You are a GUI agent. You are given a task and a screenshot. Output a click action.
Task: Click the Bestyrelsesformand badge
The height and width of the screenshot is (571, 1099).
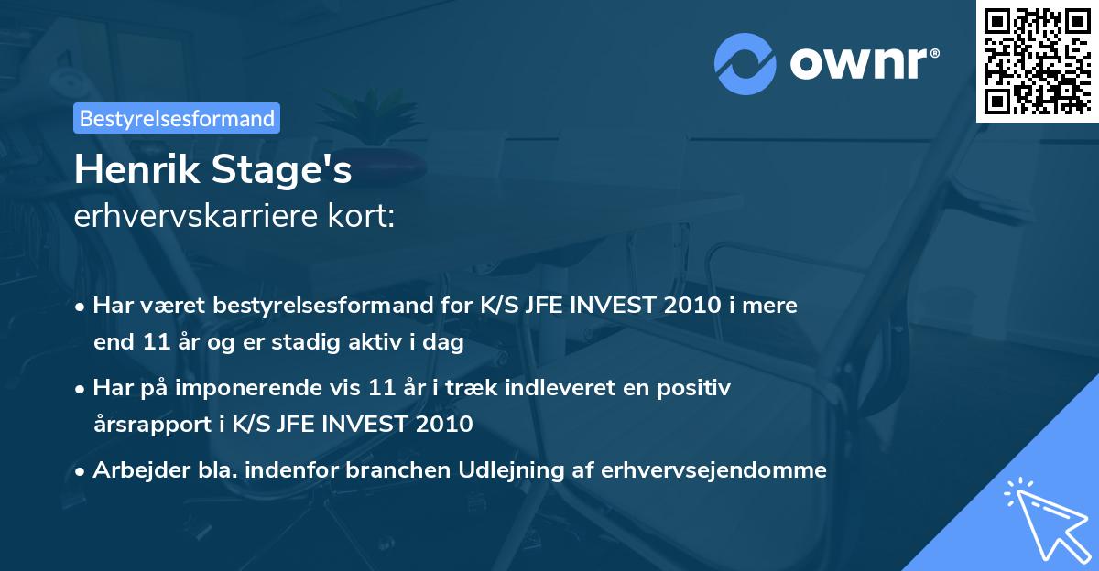point(177,118)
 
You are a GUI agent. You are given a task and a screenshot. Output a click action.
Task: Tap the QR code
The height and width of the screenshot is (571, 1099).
point(1037,61)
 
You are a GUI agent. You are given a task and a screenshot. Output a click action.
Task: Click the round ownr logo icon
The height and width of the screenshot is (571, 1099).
point(745,64)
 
